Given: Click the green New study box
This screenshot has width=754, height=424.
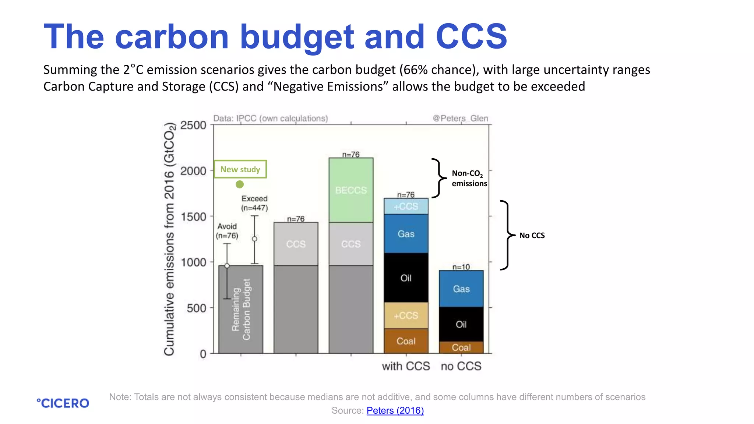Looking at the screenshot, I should [240, 169].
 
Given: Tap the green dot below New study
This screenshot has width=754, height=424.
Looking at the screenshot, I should [240, 184].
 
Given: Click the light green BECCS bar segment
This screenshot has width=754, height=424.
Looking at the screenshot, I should [351, 190].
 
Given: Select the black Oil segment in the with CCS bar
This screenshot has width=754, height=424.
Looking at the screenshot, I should [406, 278].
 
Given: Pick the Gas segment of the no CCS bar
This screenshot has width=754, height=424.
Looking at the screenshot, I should [461, 289].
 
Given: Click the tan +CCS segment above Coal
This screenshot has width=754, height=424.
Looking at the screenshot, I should [406, 315].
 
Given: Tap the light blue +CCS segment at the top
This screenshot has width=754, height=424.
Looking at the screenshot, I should [406, 206].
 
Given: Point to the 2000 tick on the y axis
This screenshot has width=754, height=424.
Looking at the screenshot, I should [193, 171].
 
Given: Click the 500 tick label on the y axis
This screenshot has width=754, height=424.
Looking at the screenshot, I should [196, 308].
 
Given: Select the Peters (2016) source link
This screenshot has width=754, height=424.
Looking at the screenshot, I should [395, 410].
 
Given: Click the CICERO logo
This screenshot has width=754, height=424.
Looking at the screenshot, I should [63, 403].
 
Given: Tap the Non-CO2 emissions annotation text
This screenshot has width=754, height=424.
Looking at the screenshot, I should [469, 178].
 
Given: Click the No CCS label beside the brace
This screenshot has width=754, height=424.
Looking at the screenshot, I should [532, 236].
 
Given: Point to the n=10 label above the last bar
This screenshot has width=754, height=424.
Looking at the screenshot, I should [461, 267].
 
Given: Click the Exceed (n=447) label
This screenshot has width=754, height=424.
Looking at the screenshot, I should [254, 203].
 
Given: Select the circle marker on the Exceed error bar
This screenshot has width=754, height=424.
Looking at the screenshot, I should [254, 239].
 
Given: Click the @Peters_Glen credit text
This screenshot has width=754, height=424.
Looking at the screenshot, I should [460, 118].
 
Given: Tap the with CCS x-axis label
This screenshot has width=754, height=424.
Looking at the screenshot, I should [406, 366].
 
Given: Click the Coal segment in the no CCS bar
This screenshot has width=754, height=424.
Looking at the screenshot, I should [461, 347].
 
